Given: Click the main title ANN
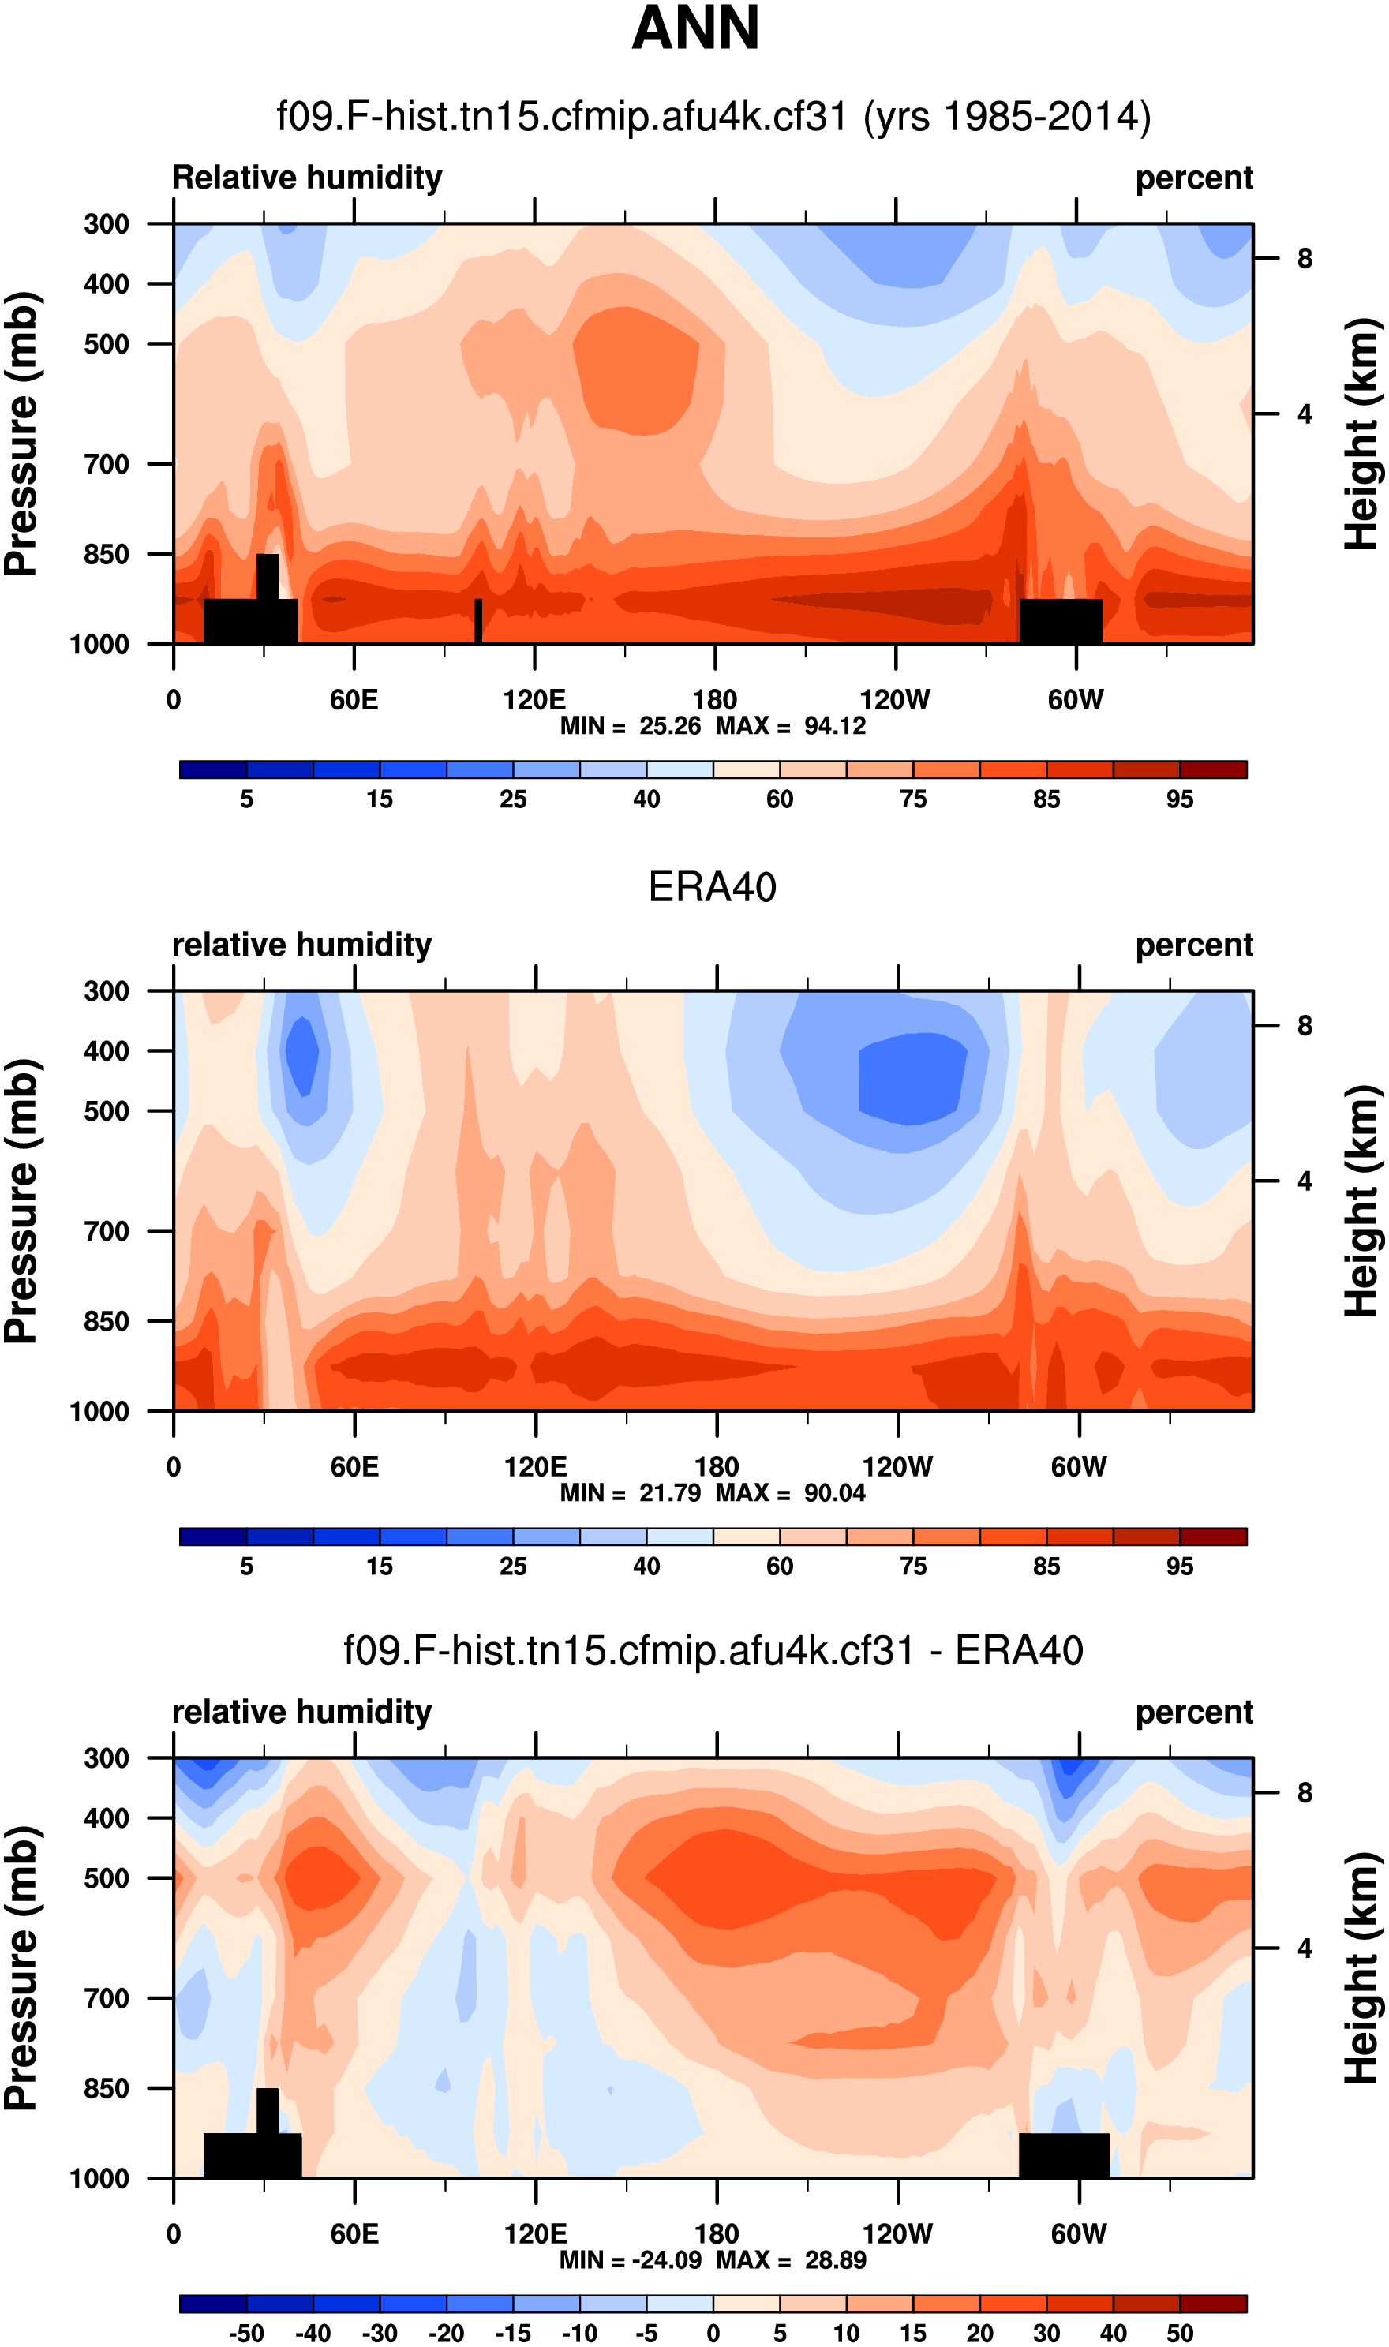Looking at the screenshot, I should pyautogui.click(x=695, y=28).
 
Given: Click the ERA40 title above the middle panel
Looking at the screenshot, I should pyautogui.click(x=713, y=887).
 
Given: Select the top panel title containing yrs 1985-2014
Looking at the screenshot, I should pyautogui.click(x=713, y=117).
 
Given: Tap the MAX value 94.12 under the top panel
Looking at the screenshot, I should pyautogui.click(x=835, y=726).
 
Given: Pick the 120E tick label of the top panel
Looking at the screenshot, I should pyautogui.click(x=534, y=699).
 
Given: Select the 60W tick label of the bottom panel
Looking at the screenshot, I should pyautogui.click(x=1078, y=2235).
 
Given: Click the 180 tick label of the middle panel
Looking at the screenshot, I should pyautogui.click(x=716, y=1467).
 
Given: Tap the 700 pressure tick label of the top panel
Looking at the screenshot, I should pyautogui.click(x=107, y=464).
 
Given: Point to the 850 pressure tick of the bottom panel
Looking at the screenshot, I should pyautogui.click(x=107, y=2089).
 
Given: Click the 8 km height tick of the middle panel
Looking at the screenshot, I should pyautogui.click(x=1305, y=1027).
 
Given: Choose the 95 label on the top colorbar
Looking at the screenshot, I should pyautogui.click(x=1179, y=799).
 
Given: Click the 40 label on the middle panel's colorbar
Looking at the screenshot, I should pyautogui.click(x=646, y=1567).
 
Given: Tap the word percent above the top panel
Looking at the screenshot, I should pyautogui.click(x=1193, y=178).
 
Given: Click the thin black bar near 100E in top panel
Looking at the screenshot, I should pyautogui.click(x=478, y=620).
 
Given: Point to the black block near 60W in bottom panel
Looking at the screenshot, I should pyautogui.click(x=1063, y=2155).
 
